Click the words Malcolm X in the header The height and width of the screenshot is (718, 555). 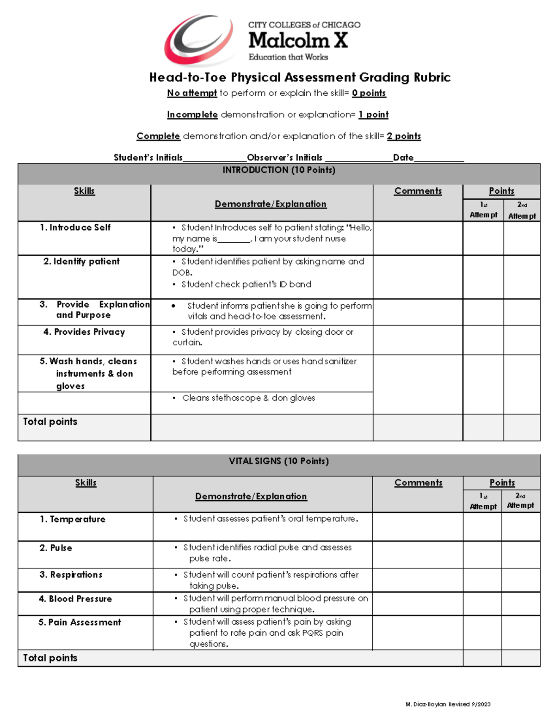coord(298,41)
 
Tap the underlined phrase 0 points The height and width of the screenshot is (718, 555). coord(369,93)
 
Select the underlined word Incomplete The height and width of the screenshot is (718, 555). coord(192,115)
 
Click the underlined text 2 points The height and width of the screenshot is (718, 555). coord(404,136)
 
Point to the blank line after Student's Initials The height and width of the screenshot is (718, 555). coord(215,158)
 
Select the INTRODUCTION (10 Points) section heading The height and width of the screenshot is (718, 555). coord(279,170)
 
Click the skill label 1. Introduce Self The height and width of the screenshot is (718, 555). coord(75,227)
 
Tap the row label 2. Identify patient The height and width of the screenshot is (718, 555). coord(81,262)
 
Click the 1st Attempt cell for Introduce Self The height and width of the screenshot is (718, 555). coord(483,238)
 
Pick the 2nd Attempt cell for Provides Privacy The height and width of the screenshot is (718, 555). coord(522,340)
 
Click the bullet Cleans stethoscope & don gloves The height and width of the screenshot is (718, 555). coord(248,398)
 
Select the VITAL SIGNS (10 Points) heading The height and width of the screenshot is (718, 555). coord(279,461)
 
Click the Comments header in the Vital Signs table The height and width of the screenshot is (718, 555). coord(418,483)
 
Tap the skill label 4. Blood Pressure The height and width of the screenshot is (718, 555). coord(75,599)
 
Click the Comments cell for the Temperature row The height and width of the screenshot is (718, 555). coord(417,527)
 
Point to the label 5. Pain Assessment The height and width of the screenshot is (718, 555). coord(80,622)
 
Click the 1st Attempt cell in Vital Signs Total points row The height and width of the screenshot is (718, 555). coord(482,658)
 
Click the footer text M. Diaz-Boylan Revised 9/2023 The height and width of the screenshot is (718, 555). coord(448,704)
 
